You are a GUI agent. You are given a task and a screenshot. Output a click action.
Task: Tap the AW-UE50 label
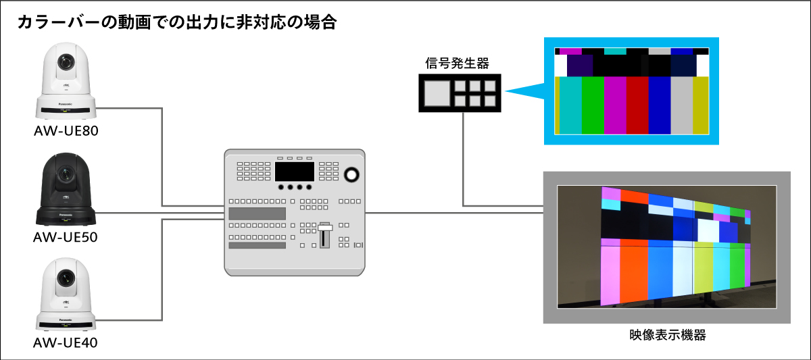[x=66, y=237]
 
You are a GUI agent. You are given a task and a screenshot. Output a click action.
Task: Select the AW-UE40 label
[x=66, y=342]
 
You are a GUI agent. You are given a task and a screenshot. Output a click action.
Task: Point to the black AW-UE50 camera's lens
[x=66, y=174]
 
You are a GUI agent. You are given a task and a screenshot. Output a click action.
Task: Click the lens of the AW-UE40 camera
[x=66, y=276]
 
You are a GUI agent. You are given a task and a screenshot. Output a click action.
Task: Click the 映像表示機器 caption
[x=666, y=334]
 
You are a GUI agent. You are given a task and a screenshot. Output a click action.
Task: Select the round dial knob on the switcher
[x=352, y=174]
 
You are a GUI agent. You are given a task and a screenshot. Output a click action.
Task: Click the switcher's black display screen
[x=294, y=171]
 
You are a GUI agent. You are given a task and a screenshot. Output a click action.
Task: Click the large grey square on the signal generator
[x=435, y=93]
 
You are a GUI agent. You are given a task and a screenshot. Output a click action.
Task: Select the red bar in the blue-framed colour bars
[x=637, y=105]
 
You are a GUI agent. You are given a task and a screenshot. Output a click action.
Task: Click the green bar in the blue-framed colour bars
[x=592, y=105]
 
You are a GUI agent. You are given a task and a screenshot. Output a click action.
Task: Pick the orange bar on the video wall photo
[x=633, y=274]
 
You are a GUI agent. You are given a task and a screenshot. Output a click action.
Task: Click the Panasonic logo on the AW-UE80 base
[x=66, y=104]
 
